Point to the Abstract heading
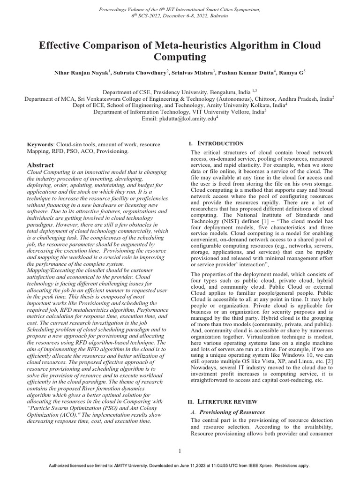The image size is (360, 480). pos(40,165)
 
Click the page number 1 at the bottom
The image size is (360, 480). pos(180,451)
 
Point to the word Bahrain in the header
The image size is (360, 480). pos(218,15)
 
